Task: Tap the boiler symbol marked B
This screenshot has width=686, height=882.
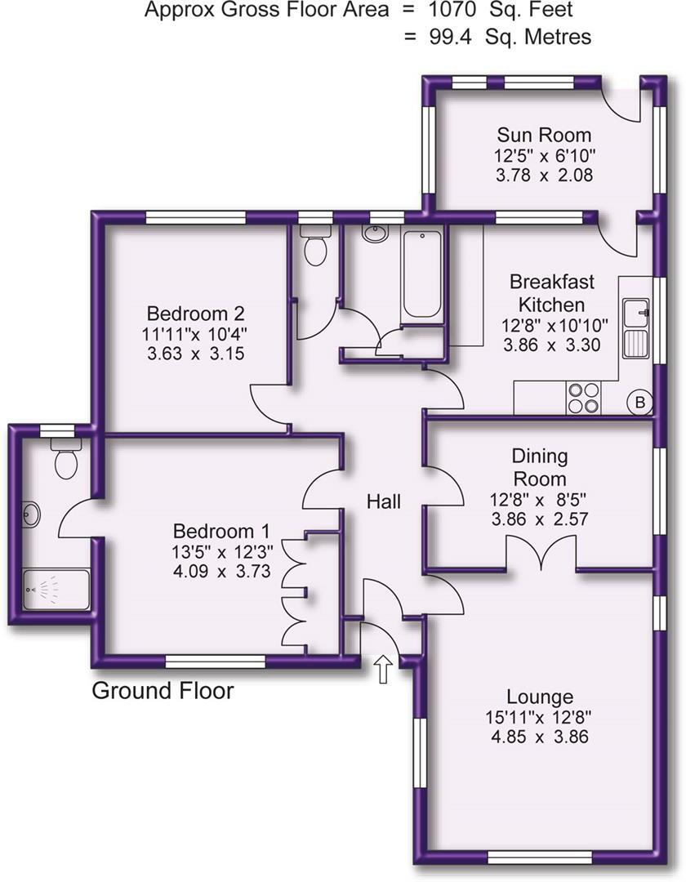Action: pyautogui.click(x=639, y=402)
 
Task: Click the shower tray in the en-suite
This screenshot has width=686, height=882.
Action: pyautogui.click(x=56, y=592)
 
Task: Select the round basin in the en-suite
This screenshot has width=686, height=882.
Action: pyautogui.click(x=33, y=514)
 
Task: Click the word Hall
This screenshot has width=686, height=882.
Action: pyautogui.click(x=383, y=501)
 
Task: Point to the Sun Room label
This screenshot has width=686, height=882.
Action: pyautogui.click(x=544, y=135)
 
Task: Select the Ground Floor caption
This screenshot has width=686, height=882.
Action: pyautogui.click(x=163, y=691)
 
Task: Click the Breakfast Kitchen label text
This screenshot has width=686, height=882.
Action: pyautogui.click(x=551, y=293)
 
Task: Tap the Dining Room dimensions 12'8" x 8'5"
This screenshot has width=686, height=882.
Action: pyautogui.click(x=539, y=498)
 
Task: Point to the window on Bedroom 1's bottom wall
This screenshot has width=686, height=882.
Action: pyautogui.click(x=215, y=661)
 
